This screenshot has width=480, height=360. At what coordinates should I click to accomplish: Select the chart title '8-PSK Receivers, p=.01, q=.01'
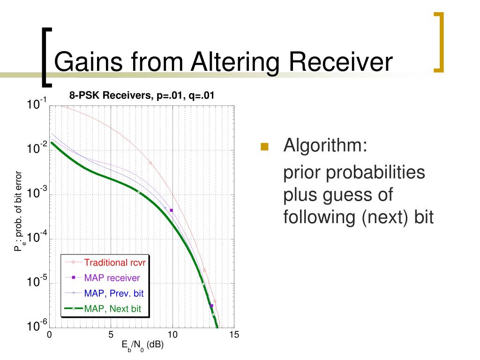pyautogui.click(x=142, y=95)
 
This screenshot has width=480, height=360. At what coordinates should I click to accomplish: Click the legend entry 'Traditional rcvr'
pyautogui.click(x=115, y=262)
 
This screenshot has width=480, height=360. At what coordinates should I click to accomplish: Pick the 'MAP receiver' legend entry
pyautogui.click(x=112, y=277)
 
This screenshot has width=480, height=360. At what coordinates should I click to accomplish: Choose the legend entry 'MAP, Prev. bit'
pyautogui.click(x=114, y=293)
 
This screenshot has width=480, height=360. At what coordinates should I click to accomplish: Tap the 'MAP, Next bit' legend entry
pyautogui.click(x=112, y=308)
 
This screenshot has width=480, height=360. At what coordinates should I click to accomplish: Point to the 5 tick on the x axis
pyautogui.click(x=111, y=335)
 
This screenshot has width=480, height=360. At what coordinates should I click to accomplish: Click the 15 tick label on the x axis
pyautogui.click(x=234, y=335)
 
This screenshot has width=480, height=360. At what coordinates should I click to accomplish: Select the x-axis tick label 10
pyautogui.click(x=172, y=335)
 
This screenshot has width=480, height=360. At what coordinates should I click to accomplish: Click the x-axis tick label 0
pyautogui.click(x=49, y=335)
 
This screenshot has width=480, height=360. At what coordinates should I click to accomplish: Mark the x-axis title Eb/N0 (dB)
pyautogui.click(x=142, y=346)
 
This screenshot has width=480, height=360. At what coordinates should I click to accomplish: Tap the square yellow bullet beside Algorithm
pyautogui.click(x=264, y=147)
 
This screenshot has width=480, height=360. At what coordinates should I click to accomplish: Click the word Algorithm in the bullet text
pyautogui.click(x=325, y=145)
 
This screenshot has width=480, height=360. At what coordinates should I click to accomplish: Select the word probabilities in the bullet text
pyautogui.click(x=375, y=172)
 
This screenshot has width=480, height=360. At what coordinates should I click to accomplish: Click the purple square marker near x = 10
pyautogui.click(x=171, y=210)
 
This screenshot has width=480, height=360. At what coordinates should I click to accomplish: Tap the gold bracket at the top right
pyautogui.click(x=439, y=42)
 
